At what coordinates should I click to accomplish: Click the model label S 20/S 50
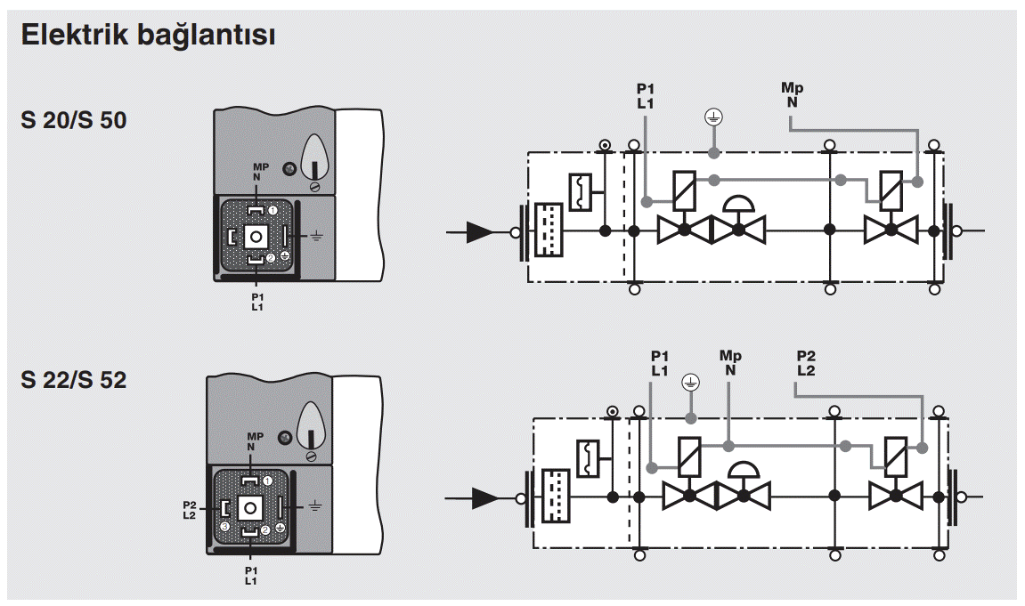click(74, 120)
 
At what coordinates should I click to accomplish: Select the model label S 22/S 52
click(74, 381)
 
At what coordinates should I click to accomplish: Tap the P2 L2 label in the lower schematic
click(805, 363)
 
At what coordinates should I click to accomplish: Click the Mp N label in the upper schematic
click(792, 94)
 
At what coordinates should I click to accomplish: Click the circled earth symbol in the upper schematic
click(713, 117)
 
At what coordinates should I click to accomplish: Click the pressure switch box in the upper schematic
click(580, 191)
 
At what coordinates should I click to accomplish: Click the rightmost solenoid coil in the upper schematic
click(892, 189)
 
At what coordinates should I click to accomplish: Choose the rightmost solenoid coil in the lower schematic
click(897, 456)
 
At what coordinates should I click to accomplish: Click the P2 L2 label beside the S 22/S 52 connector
click(189, 510)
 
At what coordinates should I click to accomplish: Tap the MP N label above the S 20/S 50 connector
click(260, 172)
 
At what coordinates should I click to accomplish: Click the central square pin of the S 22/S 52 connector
click(251, 507)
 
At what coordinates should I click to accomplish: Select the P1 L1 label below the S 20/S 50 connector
click(258, 301)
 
